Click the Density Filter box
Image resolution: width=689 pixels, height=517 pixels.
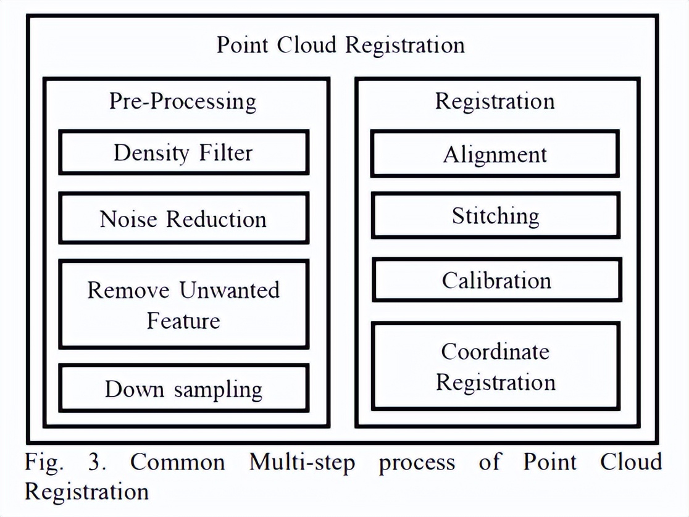pos(183,152)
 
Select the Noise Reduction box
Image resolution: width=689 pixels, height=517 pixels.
pos(183,218)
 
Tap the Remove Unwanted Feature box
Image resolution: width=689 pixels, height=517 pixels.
pos(183,305)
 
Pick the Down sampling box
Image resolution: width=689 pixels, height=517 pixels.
pos(183,389)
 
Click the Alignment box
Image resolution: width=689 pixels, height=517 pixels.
pos(495,154)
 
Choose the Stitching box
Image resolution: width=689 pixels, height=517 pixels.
pos(495,216)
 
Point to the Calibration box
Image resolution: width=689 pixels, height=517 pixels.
pos(496,280)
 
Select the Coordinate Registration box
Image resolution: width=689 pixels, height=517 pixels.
pos(496,366)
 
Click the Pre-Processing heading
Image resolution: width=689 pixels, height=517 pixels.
pos(183,101)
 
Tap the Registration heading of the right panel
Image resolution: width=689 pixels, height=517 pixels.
pos(495,101)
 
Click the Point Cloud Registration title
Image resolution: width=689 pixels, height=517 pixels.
pos(340,45)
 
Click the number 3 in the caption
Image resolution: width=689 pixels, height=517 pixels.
pos(93,462)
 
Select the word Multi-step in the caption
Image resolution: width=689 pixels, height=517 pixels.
pos(302,463)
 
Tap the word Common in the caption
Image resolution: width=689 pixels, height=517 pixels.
pos(178,462)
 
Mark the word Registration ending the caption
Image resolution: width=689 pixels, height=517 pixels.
pos(86,492)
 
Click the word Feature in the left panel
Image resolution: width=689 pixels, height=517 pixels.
pos(183,321)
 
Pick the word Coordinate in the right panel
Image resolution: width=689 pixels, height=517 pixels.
pos(495,351)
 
